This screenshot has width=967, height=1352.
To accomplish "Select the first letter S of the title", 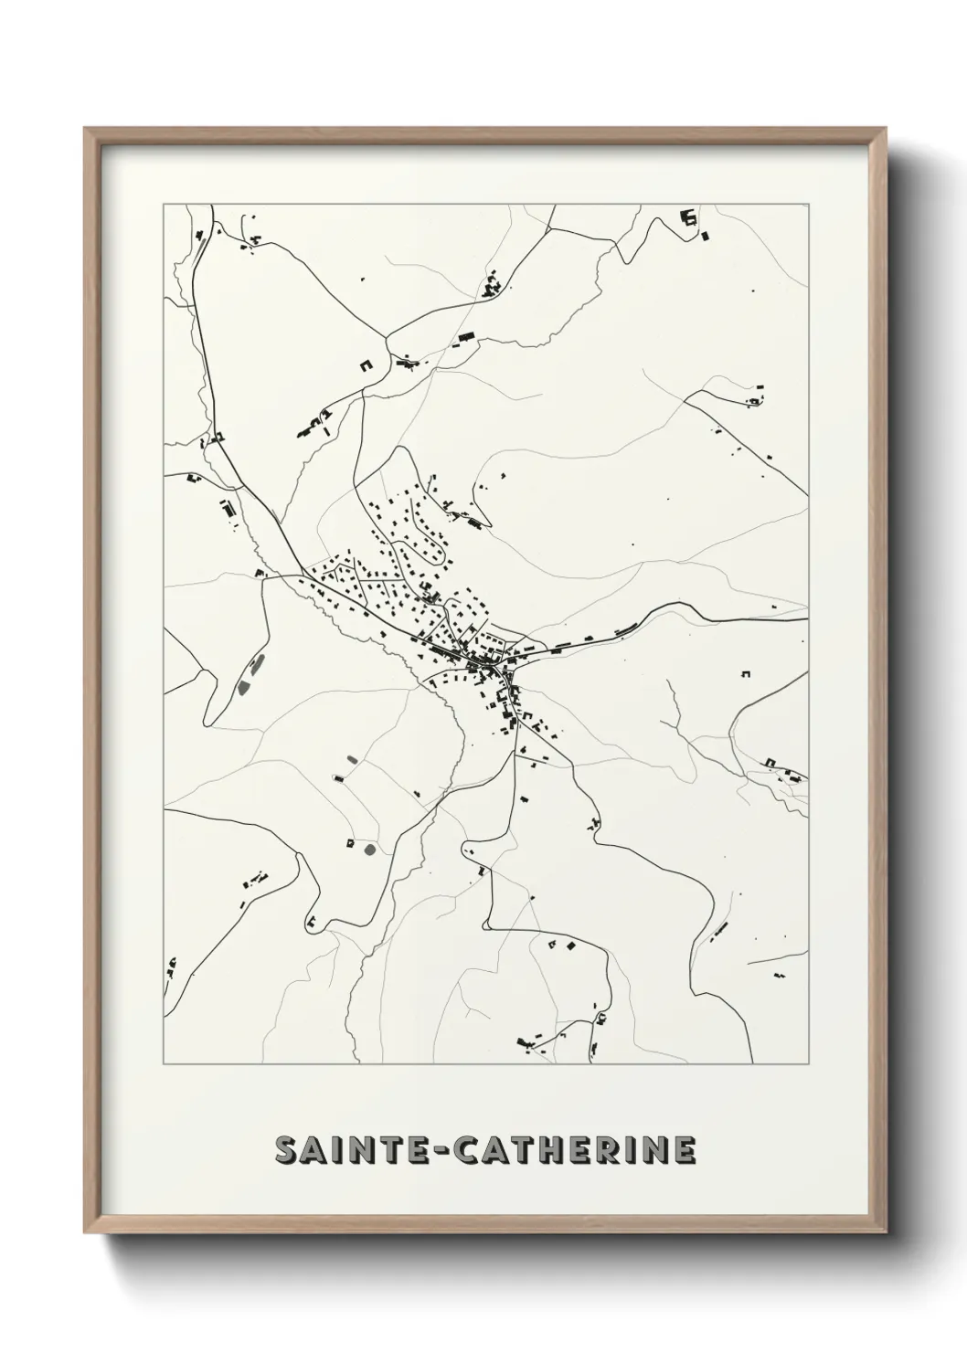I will point(285,1151).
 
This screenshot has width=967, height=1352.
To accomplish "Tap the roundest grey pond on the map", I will point(369,850).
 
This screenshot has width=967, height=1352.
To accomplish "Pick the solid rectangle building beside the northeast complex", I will point(705,237).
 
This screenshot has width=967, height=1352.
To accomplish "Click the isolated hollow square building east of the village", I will point(745,674).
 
